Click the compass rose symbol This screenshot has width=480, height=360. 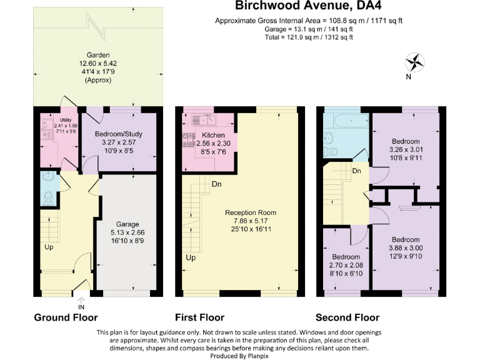(x=414, y=62)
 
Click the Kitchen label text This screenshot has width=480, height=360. (x=213, y=135)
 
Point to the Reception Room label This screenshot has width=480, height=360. (x=251, y=212)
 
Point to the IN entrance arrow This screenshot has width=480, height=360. (x=81, y=302)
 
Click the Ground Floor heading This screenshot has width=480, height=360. (x=66, y=317)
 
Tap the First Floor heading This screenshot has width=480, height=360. (x=199, y=317)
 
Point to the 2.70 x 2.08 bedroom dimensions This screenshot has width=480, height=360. (x=346, y=266)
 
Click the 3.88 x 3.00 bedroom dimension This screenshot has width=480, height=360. (x=406, y=248)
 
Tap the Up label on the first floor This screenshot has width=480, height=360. (x=190, y=257)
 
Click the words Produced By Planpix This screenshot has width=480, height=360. (x=239, y=356)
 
